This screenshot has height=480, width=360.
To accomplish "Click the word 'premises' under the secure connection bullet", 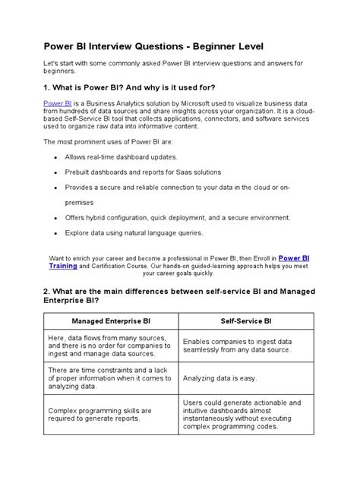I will click(x=80, y=203).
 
